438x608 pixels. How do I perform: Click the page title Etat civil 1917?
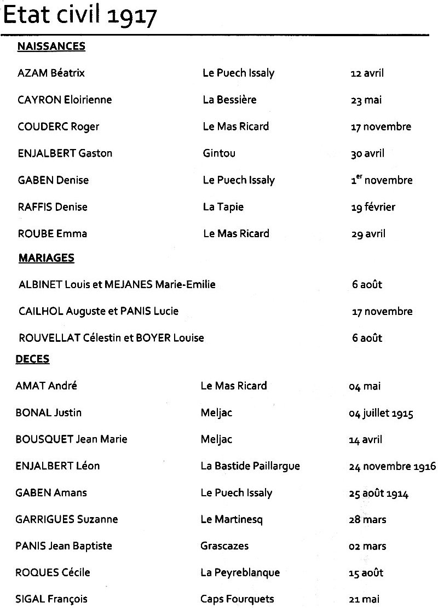coord(80,16)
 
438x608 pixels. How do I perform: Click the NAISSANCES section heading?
coord(51,47)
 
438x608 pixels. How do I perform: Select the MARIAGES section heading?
coord(47,257)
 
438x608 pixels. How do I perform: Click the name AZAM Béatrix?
coord(51,73)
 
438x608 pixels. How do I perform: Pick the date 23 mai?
coord(366,100)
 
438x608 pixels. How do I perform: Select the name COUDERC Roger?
coord(59,127)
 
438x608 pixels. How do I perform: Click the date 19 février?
coord(373,207)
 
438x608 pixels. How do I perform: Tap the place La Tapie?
coord(223,207)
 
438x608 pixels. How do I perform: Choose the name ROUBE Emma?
coord(53,234)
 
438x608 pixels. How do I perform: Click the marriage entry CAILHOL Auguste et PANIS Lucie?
coord(99,311)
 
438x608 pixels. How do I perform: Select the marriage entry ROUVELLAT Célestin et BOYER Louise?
coord(111,338)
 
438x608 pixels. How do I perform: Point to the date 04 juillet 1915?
coord(381,413)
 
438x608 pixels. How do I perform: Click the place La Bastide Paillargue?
coord(250,466)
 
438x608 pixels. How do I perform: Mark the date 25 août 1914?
coord(378,494)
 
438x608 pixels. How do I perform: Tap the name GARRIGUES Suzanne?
coord(67,519)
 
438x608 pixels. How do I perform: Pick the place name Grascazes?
coord(224,546)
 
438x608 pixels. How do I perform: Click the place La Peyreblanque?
coord(240,572)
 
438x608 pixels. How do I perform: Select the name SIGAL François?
coord(51,599)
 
